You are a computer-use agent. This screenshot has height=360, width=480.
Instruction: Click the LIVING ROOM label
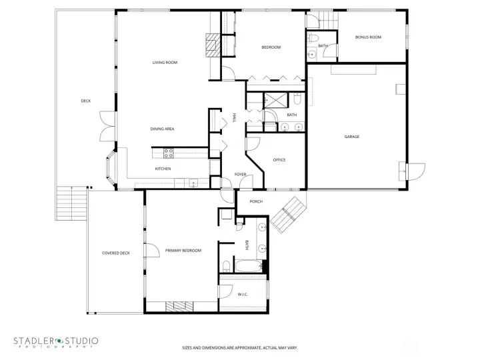coord(165,63)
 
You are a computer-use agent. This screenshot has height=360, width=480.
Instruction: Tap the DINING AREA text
coord(162,129)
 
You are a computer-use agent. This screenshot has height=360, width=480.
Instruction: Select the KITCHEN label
coord(163,169)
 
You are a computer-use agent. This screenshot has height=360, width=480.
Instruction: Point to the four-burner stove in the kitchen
coord(169,153)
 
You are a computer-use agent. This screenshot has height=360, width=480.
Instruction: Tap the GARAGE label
coord(351,137)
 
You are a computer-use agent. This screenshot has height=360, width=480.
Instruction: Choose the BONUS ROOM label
coord(368,37)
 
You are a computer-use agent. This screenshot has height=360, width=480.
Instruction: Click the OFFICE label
coord(279,160)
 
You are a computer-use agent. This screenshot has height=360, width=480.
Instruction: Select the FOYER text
coord(240,175)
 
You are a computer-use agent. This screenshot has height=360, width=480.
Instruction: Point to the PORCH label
coord(256,201)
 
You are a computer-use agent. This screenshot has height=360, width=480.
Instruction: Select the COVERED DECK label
coord(115,253)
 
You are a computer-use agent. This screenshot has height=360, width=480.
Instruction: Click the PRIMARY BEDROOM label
coord(183,251)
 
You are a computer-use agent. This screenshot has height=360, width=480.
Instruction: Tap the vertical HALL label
coord(235,117)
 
